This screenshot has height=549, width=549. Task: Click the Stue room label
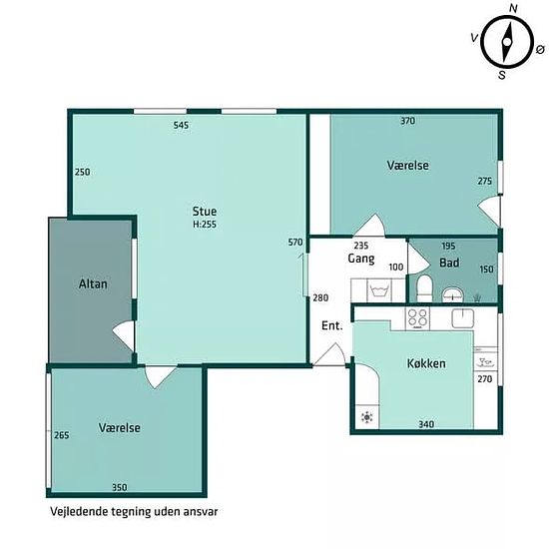point(205,212)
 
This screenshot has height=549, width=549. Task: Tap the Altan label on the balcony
point(93,283)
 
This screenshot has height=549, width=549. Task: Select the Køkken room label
point(426,363)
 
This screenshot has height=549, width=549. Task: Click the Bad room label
point(449,263)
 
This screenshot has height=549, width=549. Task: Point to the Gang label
point(361,259)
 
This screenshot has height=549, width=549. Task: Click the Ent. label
point(332,325)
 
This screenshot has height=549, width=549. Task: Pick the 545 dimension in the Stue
point(181,125)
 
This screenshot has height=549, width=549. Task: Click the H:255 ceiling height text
point(205,224)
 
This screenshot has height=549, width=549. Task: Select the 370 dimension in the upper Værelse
point(408,121)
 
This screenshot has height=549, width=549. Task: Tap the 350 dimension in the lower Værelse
point(120,487)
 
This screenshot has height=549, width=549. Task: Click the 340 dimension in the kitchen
point(426,424)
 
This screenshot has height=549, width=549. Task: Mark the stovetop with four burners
point(417,318)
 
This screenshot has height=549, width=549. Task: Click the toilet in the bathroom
point(424,288)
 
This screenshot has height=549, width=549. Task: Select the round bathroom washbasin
point(453,294)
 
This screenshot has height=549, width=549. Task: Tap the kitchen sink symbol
point(463,317)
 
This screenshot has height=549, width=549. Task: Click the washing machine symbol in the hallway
point(377,290)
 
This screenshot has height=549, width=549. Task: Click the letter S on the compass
point(502,75)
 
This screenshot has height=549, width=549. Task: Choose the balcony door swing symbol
point(123,336)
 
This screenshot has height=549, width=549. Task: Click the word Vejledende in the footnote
point(79,511)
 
